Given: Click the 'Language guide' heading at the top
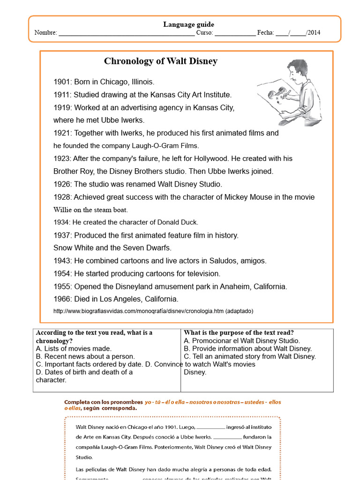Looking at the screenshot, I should [188, 24].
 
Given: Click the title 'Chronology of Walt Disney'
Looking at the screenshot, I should [161, 61].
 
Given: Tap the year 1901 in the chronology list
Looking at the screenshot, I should [62, 82].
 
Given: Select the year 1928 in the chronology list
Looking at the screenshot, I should [62, 197].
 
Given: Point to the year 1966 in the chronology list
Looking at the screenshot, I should [62, 299].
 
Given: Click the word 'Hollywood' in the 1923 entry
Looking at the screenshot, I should [211, 158].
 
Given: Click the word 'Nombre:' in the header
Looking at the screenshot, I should [45, 33].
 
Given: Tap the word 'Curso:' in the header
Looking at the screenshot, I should [204, 33].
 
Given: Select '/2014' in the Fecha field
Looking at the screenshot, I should [313, 33].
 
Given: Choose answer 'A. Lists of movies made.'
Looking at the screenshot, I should [74, 348].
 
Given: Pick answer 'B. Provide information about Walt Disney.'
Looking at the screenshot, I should [248, 348].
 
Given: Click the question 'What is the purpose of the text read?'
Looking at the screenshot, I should [239, 333].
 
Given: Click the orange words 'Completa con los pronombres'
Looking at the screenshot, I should [103, 402].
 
